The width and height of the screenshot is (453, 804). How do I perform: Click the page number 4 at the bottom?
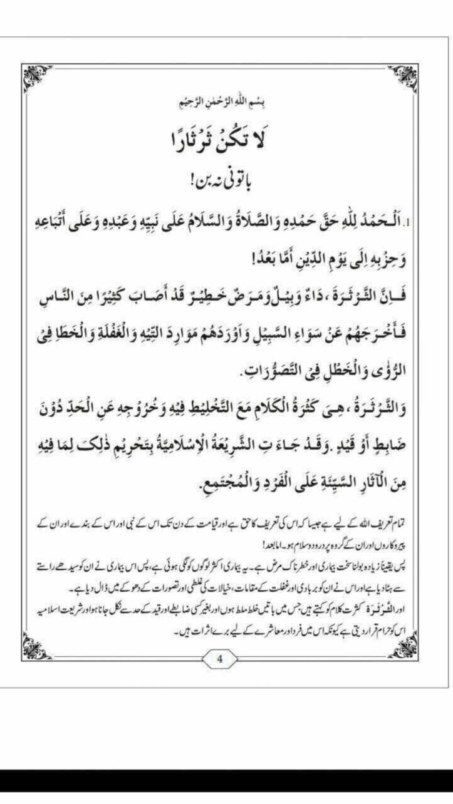(219, 659)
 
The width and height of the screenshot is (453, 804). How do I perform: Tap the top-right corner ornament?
(403, 76)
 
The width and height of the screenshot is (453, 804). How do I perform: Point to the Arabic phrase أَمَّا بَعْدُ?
(241, 257)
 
